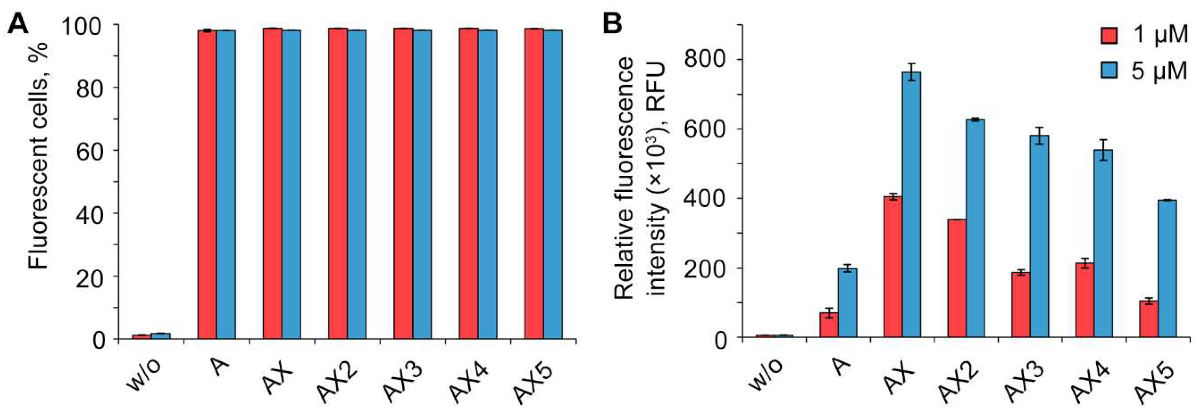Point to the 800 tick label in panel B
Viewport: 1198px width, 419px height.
pyautogui.click(x=703, y=59)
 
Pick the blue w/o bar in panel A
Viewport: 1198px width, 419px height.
pyautogui.click(x=160, y=336)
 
